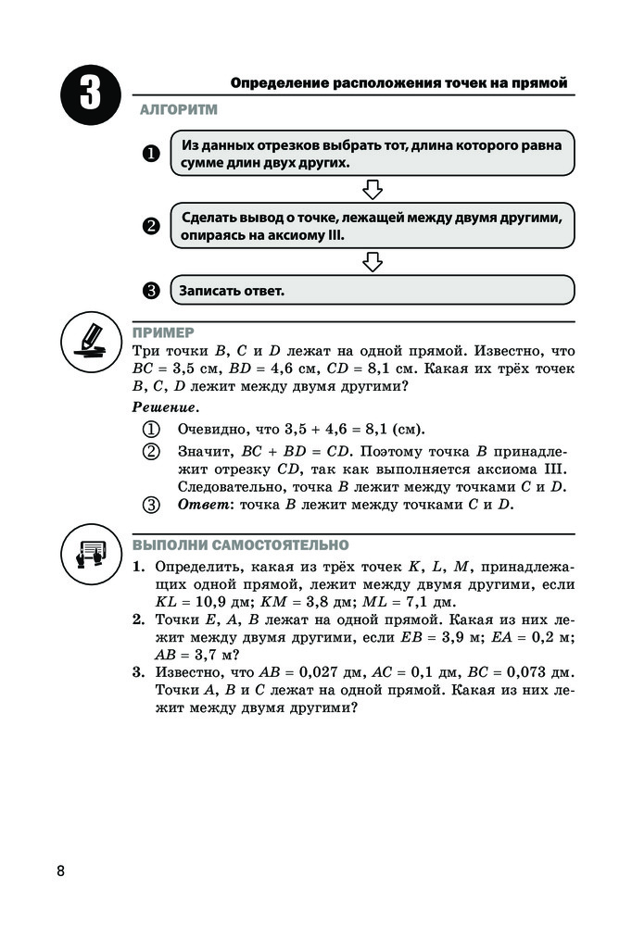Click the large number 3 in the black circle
89,97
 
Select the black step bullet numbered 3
151,291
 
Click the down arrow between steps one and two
373,190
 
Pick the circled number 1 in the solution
151,430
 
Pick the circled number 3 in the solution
151,505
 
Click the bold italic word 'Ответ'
202,505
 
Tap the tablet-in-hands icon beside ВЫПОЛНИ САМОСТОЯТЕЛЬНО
90,553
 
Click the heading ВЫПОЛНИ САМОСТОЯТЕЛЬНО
241,544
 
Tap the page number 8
61,870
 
